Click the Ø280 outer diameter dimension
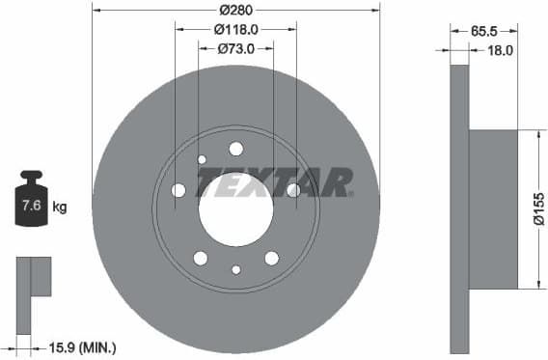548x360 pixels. click(235, 10)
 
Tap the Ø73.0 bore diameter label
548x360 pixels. click(235, 49)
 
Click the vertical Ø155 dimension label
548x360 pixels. click(538, 209)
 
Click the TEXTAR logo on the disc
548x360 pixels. click(275, 180)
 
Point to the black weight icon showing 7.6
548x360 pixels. click(31, 202)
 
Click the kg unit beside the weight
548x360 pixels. click(59, 207)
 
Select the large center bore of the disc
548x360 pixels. click(235, 209)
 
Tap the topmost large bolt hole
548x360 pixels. click(235, 149)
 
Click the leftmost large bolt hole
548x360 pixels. click(178, 190)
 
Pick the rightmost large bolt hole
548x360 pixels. click(293, 190)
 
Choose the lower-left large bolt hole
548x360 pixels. click(201, 258)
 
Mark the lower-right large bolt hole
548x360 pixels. click(271, 258)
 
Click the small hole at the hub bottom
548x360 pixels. click(236, 269)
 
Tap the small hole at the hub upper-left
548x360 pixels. click(202, 159)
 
